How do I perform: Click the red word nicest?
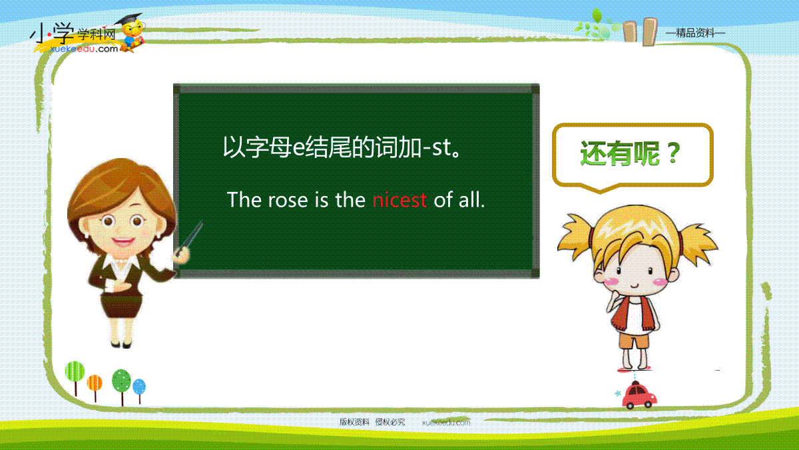pyautogui.click(x=400, y=199)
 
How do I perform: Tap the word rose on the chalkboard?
pyautogui.click(x=288, y=200)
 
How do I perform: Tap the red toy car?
pyautogui.click(x=639, y=396)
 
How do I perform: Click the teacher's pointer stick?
pyautogui.click(x=189, y=238)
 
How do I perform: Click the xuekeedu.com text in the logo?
pyautogui.click(x=84, y=49)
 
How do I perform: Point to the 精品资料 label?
pyautogui.click(x=695, y=33)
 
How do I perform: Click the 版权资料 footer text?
pyautogui.click(x=354, y=422)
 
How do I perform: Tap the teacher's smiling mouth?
pyautogui.click(x=123, y=241)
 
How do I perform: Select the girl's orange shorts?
pyautogui.click(x=633, y=341)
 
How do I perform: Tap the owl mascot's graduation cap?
pyautogui.click(x=129, y=19)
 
